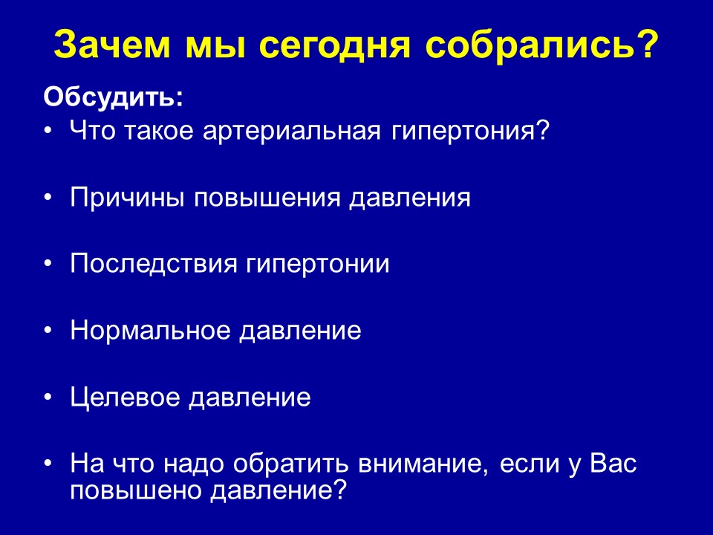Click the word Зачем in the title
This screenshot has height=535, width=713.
[x=112, y=45]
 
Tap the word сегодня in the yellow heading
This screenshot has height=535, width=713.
[x=337, y=45]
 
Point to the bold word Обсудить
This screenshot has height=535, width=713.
[x=113, y=97]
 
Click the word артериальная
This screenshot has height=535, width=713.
[x=291, y=131]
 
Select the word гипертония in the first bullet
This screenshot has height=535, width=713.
[x=463, y=131]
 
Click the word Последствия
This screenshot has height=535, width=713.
[x=154, y=264]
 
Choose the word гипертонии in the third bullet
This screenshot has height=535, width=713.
[x=318, y=265]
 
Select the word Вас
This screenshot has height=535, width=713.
[x=613, y=463]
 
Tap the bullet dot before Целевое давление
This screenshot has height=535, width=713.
[x=48, y=397]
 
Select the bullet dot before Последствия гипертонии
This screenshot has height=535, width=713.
[x=48, y=265]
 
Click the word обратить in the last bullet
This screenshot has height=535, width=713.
[x=290, y=464]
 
